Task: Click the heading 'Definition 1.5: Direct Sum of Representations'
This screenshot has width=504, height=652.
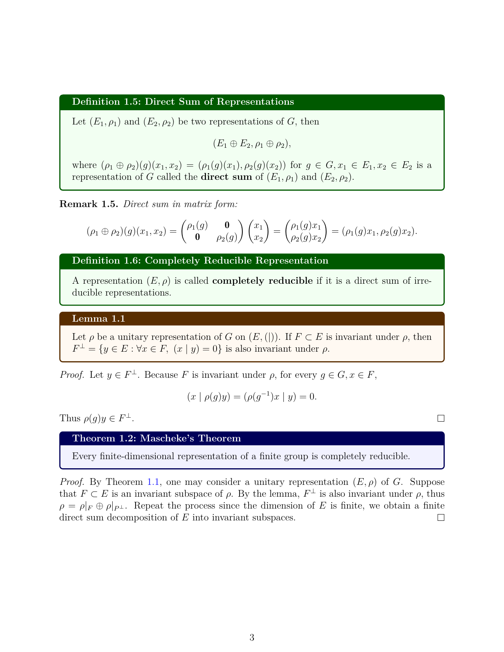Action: point(183,102)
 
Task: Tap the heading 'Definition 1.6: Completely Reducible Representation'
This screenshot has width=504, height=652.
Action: point(200,261)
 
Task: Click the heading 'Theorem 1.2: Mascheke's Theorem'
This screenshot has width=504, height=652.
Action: point(157,439)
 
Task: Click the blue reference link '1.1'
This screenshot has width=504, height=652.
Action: point(153,482)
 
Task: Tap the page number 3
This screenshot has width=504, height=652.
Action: point(252,637)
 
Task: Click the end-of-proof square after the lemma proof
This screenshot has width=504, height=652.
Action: point(441,418)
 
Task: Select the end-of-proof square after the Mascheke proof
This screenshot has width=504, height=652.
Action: point(441,518)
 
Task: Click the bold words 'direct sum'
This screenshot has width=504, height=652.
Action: point(226,177)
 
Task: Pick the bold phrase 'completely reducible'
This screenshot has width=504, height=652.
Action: point(262,281)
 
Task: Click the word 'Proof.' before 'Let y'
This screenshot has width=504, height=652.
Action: point(72,375)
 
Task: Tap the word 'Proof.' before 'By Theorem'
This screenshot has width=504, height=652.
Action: point(72,482)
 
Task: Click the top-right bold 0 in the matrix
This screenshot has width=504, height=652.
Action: point(227,226)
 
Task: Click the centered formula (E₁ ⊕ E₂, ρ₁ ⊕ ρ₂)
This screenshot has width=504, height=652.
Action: point(252,144)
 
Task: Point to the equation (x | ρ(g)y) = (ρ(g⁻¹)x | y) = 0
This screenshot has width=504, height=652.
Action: point(252,396)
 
